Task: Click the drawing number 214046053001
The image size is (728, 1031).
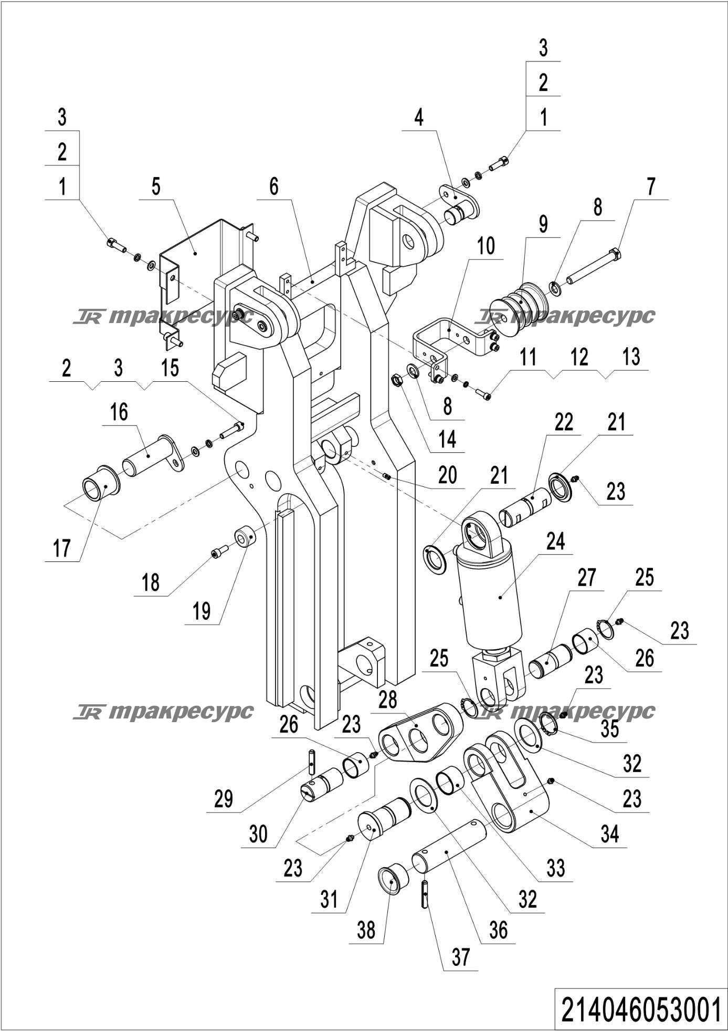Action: click(640, 1009)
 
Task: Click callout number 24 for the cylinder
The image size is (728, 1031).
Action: click(555, 541)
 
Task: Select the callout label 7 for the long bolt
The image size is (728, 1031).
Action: click(651, 186)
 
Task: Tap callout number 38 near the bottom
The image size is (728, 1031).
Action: click(366, 930)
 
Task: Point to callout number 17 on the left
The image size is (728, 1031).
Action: click(62, 549)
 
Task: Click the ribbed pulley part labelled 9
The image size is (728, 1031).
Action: click(516, 306)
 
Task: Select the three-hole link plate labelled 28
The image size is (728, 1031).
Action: click(420, 734)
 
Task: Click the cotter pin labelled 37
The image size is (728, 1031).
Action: click(424, 897)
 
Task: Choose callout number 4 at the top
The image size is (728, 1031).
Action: click(418, 118)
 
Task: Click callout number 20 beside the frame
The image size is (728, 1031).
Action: click(448, 475)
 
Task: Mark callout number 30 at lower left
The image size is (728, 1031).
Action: click(258, 834)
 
